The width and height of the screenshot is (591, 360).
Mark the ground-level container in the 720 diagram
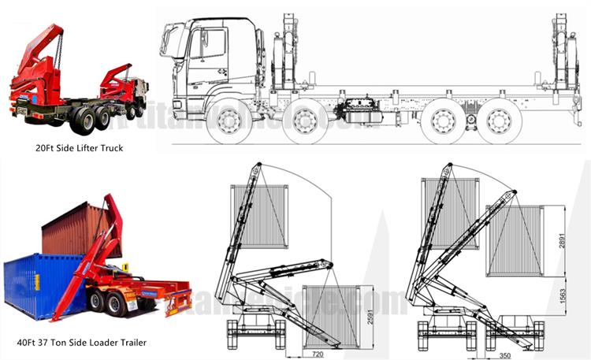point(329,315)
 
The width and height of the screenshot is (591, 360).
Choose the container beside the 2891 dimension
point(515,240)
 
